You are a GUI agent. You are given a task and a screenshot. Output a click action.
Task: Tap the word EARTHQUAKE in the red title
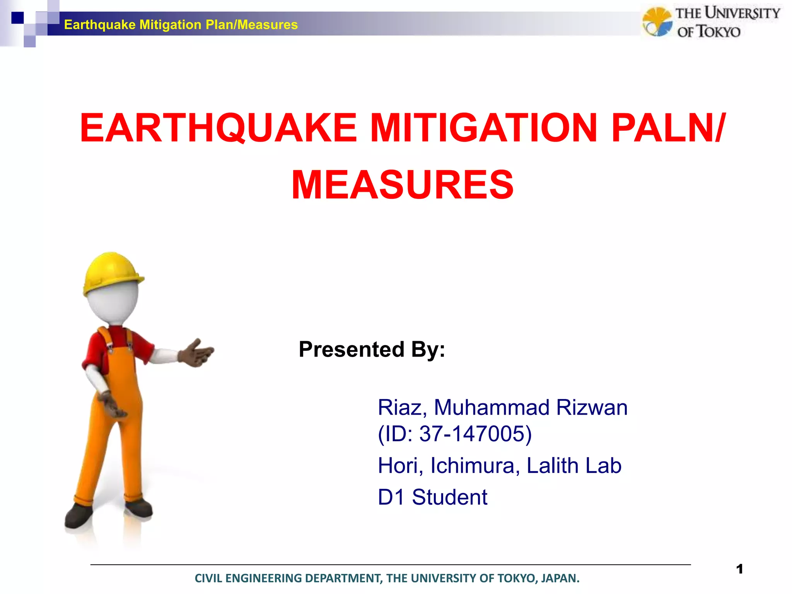coord(218,128)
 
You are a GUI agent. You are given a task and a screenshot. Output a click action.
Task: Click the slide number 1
coord(739,569)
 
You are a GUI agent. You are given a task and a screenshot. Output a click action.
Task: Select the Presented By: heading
coord(372,349)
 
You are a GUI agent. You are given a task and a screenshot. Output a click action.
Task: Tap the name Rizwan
coord(592,408)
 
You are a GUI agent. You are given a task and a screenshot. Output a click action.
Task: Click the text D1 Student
coord(432,497)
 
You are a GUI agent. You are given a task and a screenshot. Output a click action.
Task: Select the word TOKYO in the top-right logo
coord(719,32)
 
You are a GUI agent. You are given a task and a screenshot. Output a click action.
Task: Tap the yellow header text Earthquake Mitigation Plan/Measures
coord(181,25)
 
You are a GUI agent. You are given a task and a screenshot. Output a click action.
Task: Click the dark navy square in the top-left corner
coord(17,18)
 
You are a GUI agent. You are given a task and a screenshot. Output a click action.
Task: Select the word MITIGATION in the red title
coord(483,128)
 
